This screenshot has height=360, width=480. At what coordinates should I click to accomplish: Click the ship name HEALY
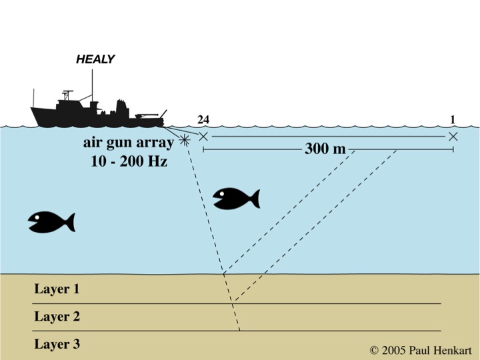[x=95, y=59]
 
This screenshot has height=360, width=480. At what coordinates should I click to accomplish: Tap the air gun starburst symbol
[x=184, y=140]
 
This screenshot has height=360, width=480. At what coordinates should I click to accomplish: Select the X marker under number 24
[x=203, y=136]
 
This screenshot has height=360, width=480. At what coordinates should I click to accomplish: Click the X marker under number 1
[x=453, y=136]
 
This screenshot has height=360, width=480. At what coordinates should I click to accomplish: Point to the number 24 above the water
[x=203, y=120]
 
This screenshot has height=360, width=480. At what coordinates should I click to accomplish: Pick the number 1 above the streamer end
[x=453, y=120]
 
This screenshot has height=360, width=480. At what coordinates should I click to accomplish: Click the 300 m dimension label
[x=325, y=149]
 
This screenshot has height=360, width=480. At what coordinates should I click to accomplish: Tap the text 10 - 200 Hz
[x=129, y=161]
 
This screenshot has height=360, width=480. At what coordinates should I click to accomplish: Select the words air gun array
[x=129, y=143]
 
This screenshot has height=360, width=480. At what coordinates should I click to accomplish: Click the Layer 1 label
[x=57, y=289]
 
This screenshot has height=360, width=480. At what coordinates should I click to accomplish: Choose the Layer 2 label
[x=57, y=316]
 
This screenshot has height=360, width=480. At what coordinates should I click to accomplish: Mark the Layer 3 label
[x=57, y=344]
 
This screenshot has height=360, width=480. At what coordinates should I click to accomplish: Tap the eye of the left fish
[x=37, y=217]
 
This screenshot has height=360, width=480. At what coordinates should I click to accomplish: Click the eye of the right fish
[x=221, y=193]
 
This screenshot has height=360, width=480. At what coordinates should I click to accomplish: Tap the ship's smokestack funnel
[x=121, y=109]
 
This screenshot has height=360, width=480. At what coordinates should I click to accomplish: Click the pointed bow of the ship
[x=31, y=108]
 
